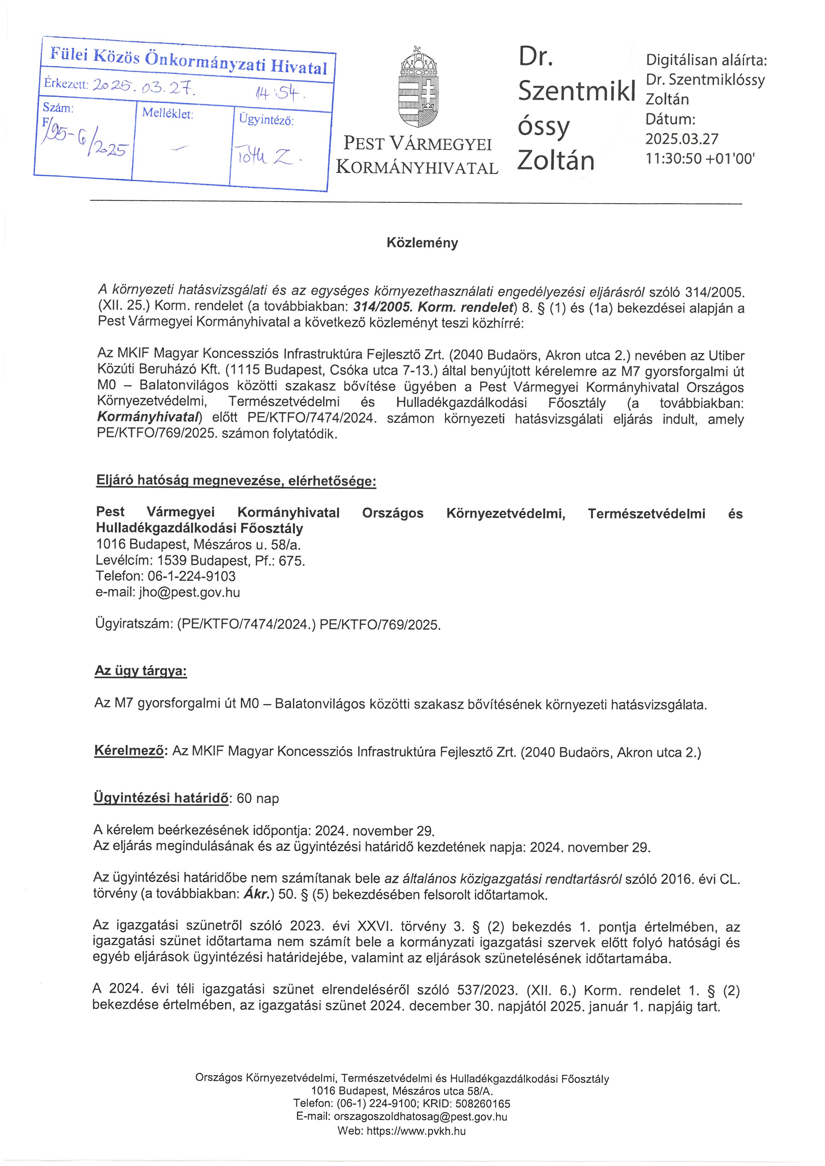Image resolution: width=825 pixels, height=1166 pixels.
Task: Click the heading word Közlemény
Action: tap(422, 243)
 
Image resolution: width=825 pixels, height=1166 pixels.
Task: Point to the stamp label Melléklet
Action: tap(168, 113)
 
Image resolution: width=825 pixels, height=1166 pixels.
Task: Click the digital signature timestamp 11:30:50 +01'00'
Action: tap(700, 159)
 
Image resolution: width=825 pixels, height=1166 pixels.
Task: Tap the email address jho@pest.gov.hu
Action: tap(190, 592)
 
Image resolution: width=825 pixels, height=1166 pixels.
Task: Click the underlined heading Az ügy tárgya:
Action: tap(141, 671)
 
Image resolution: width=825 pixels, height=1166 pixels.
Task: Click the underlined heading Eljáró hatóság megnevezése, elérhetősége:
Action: tap(236, 480)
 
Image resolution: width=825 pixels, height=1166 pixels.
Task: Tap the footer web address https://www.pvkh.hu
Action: tap(415, 1131)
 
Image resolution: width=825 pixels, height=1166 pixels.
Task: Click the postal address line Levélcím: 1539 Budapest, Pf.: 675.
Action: tap(200, 561)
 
